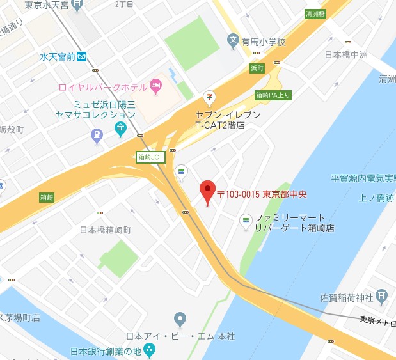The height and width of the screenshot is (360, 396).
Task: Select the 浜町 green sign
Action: click(x=257, y=68)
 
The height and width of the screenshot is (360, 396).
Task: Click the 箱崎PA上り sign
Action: click(x=273, y=95)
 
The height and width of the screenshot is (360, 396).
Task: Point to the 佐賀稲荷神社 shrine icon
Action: click(x=381, y=295)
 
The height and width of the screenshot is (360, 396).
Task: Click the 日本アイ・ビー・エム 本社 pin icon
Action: click(x=180, y=318)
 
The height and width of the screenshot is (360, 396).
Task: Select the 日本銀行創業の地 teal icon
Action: click(x=148, y=349)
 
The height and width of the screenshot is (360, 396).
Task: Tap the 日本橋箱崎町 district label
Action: click(x=106, y=229)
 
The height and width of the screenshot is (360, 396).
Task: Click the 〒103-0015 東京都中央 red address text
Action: click(x=260, y=194)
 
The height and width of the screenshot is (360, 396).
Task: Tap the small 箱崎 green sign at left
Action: click(x=47, y=197)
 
